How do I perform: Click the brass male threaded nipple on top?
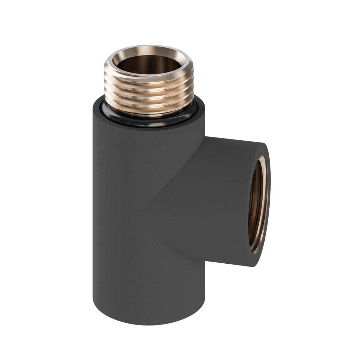[149, 88]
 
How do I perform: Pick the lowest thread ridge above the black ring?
[149, 112]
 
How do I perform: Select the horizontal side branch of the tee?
[225, 197]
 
